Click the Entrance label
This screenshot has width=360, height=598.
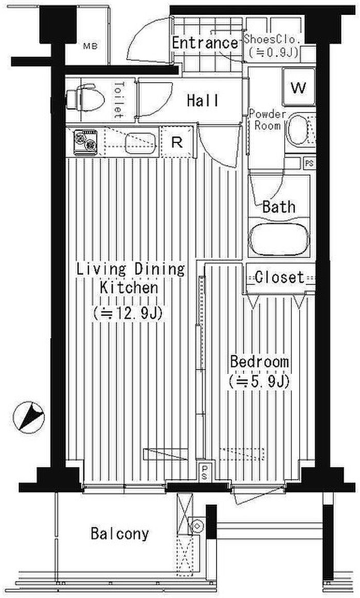click(205, 42)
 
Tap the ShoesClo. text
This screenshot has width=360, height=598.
click(272, 39)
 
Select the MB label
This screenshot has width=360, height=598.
click(91, 46)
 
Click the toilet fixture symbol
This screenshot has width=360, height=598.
click(85, 99)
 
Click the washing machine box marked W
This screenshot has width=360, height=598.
click(299, 87)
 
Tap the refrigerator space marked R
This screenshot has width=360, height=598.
click(176, 142)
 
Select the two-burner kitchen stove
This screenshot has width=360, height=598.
click(85, 142)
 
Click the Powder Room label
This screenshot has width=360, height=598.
click(267, 120)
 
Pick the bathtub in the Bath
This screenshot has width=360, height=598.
click(279, 239)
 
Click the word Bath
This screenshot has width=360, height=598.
click(279, 207)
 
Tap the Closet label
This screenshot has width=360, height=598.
click(280, 277)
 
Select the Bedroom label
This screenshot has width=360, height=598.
click(259, 361)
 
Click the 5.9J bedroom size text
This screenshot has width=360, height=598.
click(259, 381)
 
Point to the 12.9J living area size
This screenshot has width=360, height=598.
click(128, 314)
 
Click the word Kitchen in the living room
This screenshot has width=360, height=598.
click(129, 287)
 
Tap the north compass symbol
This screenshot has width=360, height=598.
click(28, 418)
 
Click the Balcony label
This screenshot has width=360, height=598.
click(120, 534)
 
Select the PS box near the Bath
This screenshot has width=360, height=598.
click(309, 163)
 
